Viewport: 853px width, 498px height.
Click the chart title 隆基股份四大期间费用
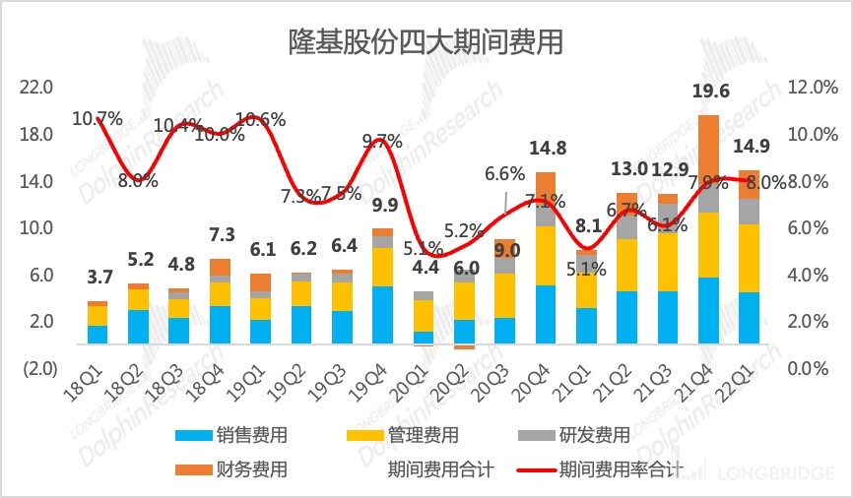point(426,41)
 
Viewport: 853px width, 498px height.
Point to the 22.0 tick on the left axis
point(36,88)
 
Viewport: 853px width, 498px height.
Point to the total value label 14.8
point(547,150)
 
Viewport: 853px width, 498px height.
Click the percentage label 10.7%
point(98,120)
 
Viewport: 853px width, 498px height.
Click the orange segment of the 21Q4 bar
point(708,148)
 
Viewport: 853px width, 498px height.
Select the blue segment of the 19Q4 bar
point(382,315)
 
